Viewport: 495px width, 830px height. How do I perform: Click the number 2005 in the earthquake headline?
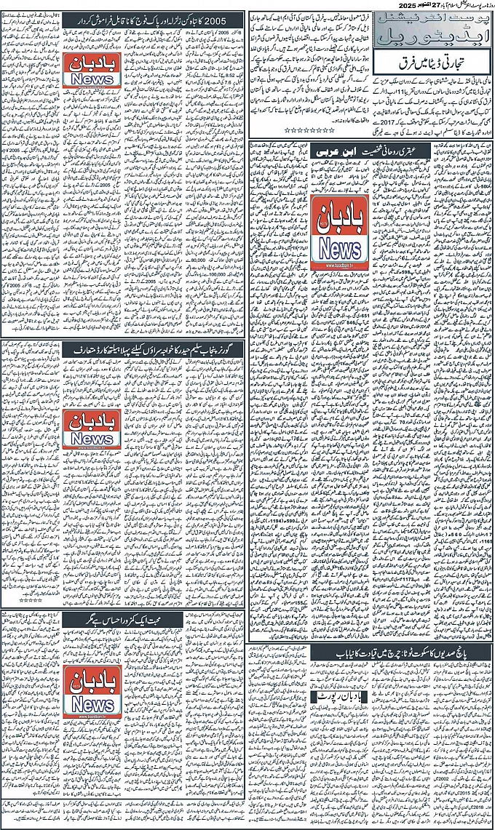(x=229, y=17)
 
